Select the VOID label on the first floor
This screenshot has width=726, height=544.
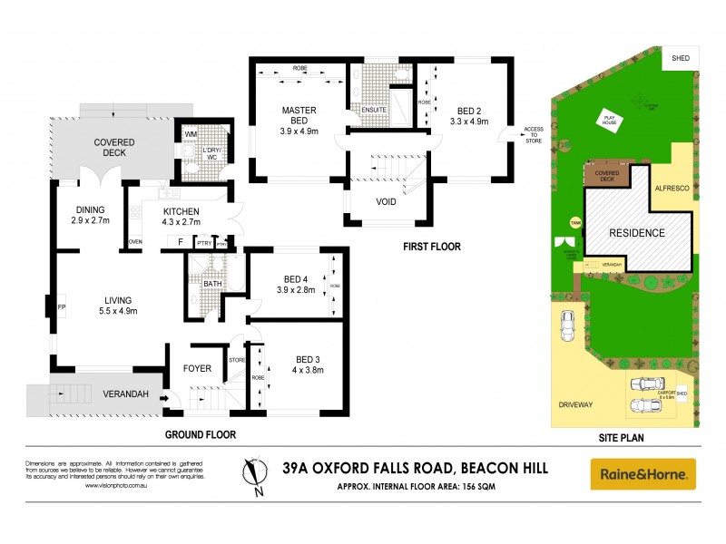tap(386, 201)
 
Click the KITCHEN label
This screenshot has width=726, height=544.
tap(182, 210)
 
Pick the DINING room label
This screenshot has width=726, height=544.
tap(90, 208)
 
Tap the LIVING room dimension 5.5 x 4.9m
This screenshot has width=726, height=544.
tap(119, 311)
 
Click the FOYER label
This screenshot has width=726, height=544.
tap(197, 368)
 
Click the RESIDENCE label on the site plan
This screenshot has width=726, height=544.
tap(636, 233)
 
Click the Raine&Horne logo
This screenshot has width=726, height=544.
tap(643, 473)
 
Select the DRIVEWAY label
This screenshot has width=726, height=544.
tap(575, 404)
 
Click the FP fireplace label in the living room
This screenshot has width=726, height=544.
tap(62, 306)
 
